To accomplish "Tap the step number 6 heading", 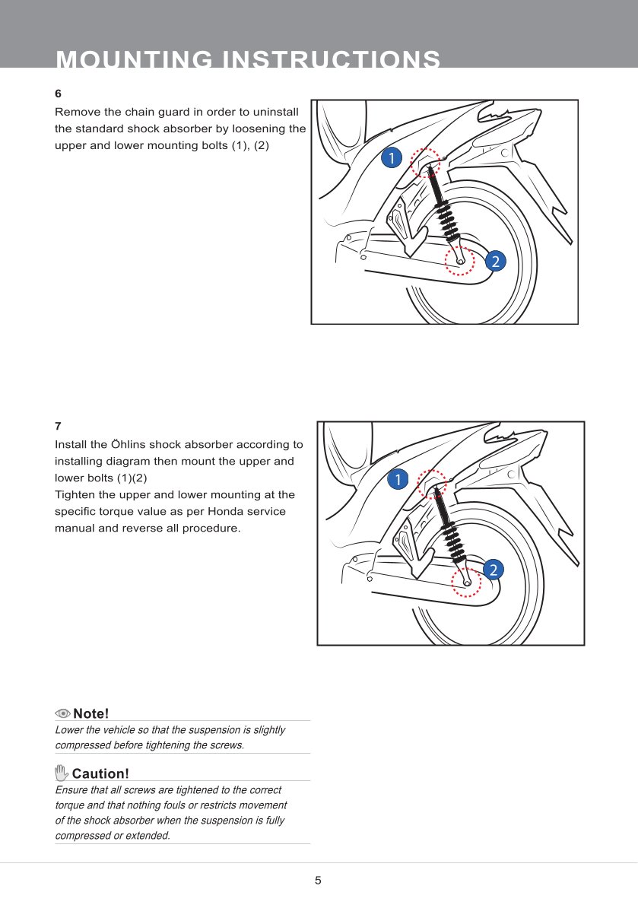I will coord(58,94).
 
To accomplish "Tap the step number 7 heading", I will coord(58,427).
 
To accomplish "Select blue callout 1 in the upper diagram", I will coord(391,157).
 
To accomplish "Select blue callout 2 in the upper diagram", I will coord(495,262).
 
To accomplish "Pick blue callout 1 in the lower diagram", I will coord(397,479).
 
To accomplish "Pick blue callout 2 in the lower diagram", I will coord(493,570).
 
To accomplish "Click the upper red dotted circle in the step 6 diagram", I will coord(425,162).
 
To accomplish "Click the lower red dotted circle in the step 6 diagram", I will coord(459,260).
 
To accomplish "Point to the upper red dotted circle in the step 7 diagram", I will coord(433,484).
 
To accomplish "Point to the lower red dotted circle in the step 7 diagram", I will coord(466,582).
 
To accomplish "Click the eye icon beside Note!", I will coord(62,713).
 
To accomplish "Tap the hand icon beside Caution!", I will coord(62,773).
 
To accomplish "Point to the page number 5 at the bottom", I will coord(319,881).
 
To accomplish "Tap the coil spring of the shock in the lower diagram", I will coord(451,533).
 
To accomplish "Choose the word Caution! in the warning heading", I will coord(100,774).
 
